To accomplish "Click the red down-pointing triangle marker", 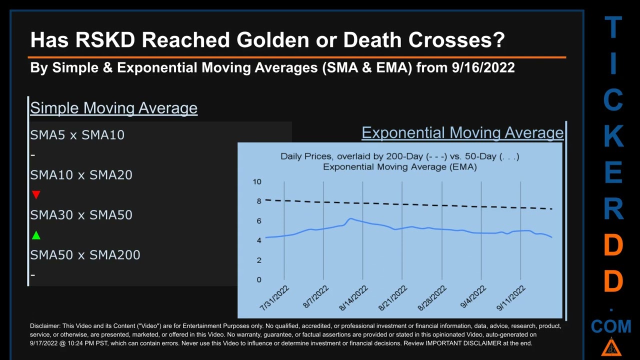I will [36, 194].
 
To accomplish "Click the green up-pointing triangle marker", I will [36, 235].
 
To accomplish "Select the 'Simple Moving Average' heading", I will [113, 108].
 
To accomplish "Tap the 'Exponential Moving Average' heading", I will [462, 133].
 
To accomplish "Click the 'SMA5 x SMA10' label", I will [77, 135].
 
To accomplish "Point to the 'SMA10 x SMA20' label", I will [81, 175].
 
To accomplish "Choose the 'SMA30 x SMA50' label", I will [81, 215].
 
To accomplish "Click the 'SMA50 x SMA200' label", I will [85, 255].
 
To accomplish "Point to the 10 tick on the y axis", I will [256, 181].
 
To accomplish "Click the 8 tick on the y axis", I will [259, 201].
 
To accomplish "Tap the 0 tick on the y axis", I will [259, 279].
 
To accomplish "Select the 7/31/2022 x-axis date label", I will [274, 298].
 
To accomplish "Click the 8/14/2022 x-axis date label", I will [353, 298].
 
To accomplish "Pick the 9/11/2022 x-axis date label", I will [511, 298].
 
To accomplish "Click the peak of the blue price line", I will [350, 219].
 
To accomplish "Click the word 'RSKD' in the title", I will [105, 40].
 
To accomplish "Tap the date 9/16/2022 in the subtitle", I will [483, 68].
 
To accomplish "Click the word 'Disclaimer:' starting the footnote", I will [45, 326].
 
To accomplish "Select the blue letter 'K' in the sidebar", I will [613, 136].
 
